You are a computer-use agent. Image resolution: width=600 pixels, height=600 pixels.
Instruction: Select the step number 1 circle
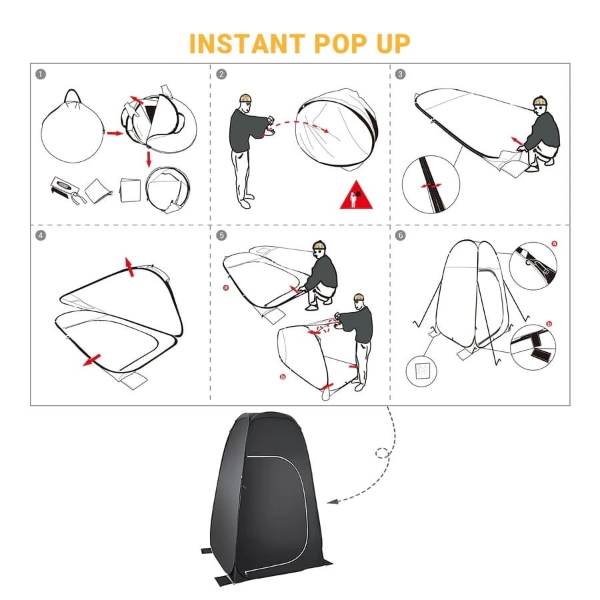point(41,74)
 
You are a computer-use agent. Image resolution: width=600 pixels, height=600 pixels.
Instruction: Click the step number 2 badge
point(221,74)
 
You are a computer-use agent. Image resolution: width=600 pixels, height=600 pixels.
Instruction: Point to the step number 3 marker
point(400,74)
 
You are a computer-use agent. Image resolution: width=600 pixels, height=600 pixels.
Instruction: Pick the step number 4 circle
point(41,235)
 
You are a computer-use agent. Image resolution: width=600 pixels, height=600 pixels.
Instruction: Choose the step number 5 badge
point(221,235)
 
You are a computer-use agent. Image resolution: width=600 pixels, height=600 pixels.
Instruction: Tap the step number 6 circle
point(400,235)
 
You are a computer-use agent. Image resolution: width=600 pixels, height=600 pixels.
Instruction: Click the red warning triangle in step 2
point(356,196)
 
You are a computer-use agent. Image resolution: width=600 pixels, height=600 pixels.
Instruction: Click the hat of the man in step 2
point(245,98)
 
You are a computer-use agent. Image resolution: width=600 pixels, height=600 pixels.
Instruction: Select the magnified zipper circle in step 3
point(431,185)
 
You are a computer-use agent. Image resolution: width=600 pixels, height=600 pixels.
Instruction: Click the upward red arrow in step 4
point(130,267)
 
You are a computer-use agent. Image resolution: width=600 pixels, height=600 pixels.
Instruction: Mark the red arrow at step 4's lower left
point(91,360)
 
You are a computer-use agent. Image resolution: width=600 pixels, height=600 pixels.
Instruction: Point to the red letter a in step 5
point(226,287)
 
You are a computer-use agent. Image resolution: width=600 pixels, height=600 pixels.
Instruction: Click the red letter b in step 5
point(283,377)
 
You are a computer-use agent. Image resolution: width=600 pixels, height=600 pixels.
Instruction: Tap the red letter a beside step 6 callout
point(555,243)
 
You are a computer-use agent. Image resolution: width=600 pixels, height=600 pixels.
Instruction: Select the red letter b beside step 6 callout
point(549,324)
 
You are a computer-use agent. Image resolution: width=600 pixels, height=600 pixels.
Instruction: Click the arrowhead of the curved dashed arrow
point(332,501)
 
